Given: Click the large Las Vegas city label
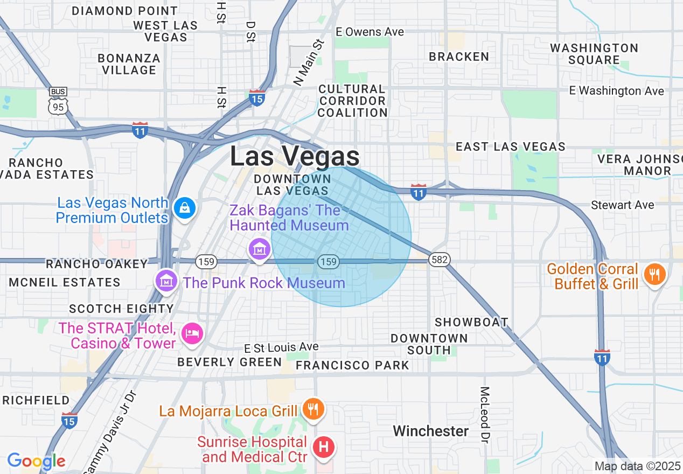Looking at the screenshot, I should (x=295, y=157).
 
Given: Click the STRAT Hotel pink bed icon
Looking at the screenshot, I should (x=192, y=333).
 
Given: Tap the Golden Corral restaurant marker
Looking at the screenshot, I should (x=654, y=274).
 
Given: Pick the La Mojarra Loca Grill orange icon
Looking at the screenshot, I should (x=312, y=409).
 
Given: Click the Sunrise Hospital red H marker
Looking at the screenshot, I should (x=324, y=447).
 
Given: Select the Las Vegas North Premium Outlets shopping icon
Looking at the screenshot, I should (x=185, y=207).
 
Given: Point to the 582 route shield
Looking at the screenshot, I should (x=440, y=260).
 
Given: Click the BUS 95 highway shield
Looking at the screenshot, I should (x=58, y=103).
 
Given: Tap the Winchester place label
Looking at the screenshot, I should (x=430, y=431).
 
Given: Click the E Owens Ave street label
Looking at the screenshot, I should (x=370, y=32).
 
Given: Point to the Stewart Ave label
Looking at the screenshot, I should (x=622, y=205).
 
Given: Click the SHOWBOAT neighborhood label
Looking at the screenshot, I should (x=471, y=322).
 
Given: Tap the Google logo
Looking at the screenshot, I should (x=36, y=461).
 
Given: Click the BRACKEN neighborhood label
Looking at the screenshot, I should (x=459, y=57).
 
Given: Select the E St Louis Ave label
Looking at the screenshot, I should (x=281, y=347).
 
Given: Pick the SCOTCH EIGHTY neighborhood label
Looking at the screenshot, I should (x=121, y=309).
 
